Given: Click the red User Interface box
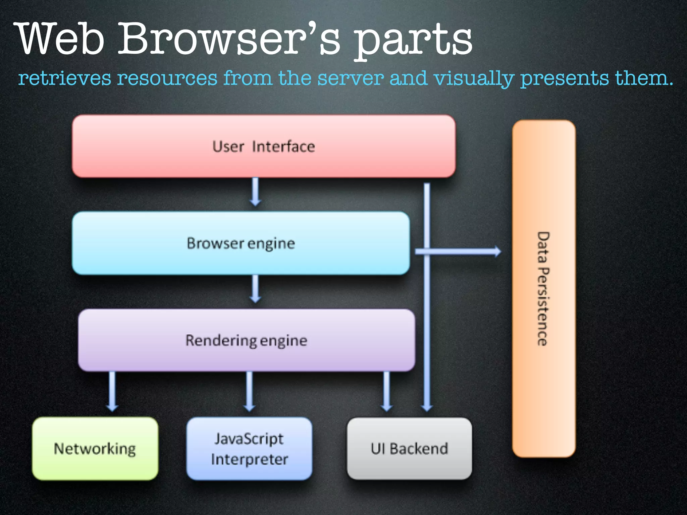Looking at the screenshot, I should point(264,146).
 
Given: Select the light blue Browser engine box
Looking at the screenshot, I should point(241,243).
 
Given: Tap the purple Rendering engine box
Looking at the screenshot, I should point(247,340).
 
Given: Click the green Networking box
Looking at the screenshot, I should point(95,449).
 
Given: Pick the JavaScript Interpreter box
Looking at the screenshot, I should point(249,449).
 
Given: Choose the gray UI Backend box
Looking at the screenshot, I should point(409,449).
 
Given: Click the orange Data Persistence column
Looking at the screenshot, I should point(544,288).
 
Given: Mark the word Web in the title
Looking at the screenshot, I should point(60,39).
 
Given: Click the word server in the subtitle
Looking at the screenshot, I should point(350,78).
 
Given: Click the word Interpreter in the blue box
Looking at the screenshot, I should point(249,459).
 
